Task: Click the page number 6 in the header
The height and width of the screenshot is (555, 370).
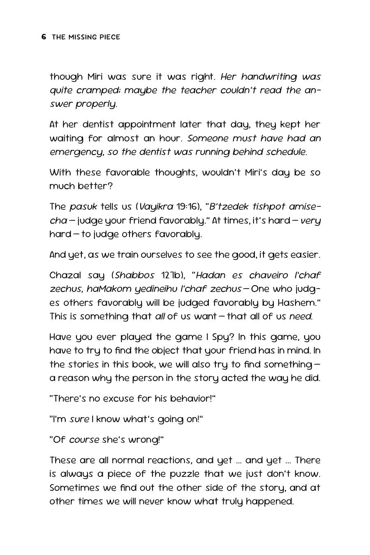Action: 44,37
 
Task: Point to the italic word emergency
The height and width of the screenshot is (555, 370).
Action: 76,152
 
